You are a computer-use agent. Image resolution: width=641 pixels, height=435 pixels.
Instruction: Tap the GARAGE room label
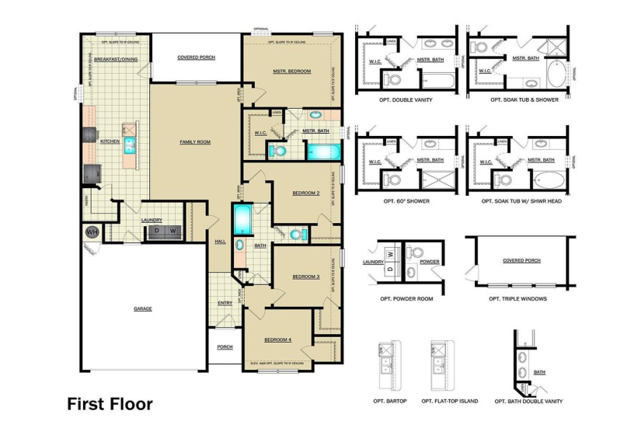pos(142,308)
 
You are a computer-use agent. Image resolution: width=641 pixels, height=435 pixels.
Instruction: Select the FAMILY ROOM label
pos(195,142)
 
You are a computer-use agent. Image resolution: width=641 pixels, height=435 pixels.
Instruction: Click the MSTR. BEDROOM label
pos(291,71)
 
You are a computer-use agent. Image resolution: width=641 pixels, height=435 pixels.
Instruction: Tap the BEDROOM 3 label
pos(306,277)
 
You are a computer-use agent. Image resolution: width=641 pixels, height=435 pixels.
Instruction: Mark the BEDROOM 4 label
pos(277,340)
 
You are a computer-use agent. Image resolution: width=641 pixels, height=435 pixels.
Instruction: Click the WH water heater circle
pos(91,232)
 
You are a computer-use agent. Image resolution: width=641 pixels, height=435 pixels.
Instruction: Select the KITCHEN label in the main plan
pos(110,142)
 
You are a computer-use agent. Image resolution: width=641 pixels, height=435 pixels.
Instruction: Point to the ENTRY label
pos(225,303)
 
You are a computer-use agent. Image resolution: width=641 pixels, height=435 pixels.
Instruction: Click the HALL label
pos(220,242)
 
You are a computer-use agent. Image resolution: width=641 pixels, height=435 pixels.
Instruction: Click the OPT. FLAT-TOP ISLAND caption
pos(449,402)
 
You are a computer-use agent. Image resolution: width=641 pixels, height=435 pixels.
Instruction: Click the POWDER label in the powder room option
pos(430,263)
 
